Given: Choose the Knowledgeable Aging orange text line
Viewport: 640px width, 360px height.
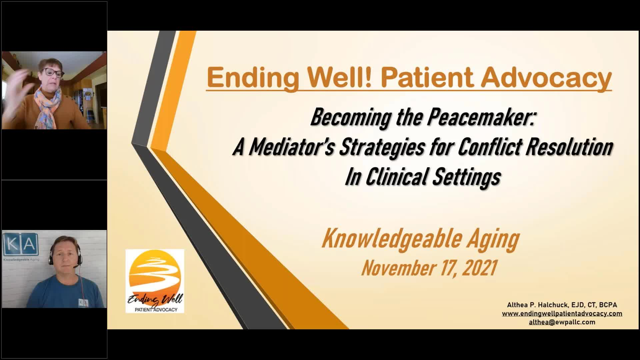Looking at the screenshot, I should point(421,239).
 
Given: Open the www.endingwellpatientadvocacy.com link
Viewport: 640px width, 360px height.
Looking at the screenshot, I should point(562,313).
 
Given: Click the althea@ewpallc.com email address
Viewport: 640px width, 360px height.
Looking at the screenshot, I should point(562,322).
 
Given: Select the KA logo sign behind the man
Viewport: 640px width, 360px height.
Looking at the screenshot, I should point(21,245).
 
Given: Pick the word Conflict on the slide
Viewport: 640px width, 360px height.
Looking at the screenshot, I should point(490,148).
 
